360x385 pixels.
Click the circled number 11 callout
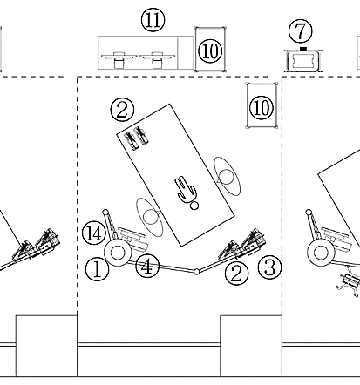tap(153, 20)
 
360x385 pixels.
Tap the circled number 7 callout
tap(301, 30)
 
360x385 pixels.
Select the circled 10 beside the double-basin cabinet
tap(210, 51)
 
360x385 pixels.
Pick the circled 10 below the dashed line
tap(262, 108)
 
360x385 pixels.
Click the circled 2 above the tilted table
tap(122, 110)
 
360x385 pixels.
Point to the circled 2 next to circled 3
tap(237, 273)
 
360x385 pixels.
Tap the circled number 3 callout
tap(270, 267)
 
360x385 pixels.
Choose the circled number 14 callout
tap(94, 233)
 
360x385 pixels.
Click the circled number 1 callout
tap(98, 269)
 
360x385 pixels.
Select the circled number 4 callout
tap(147, 267)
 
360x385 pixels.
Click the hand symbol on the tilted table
tap(186, 189)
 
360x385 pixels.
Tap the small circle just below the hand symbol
tap(194, 206)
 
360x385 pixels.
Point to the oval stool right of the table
tap(228, 176)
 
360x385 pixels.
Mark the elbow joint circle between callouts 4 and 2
tap(196, 272)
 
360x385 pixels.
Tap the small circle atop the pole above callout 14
tap(105, 213)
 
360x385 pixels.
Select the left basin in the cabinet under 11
tap(119, 59)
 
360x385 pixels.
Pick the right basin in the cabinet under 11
tap(157, 59)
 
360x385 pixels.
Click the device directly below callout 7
tap(303, 60)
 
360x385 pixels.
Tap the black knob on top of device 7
tap(303, 49)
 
